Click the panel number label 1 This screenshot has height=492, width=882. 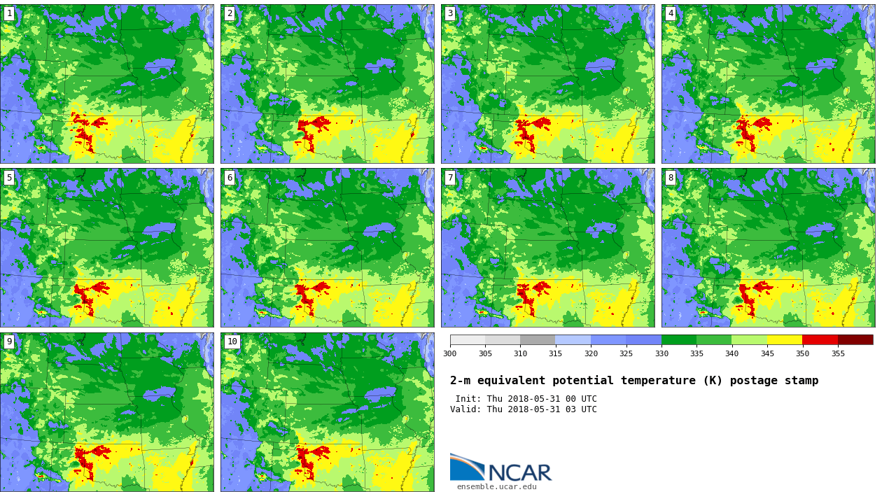pyautogui.click(x=9, y=13)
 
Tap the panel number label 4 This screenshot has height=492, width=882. pyautogui.click(x=671, y=13)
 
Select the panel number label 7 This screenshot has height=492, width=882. pyautogui.click(x=450, y=178)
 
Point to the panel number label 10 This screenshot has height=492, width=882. pyautogui.click(x=232, y=342)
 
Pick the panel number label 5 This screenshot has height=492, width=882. pyautogui.click(x=9, y=178)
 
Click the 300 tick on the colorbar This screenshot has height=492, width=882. pyautogui.click(x=449, y=353)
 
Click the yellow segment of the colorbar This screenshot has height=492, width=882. pyautogui.click(x=784, y=339)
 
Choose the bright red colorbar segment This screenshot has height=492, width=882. pyautogui.click(x=820, y=339)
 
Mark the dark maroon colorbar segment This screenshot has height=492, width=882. pyautogui.click(x=855, y=339)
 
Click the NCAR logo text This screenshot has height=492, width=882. pyautogui.click(x=519, y=473)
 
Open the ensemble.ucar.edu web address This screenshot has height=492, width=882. pyautogui.click(x=496, y=487)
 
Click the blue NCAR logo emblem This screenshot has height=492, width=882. pyautogui.click(x=466, y=467)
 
